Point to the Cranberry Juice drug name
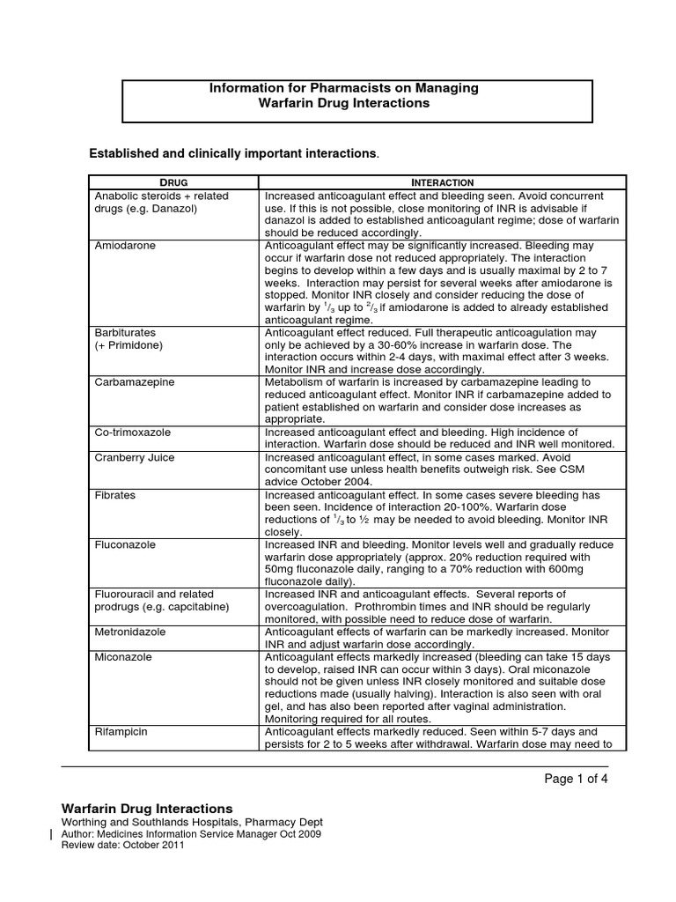[x=135, y=458]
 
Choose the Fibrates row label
[x=115, y=495]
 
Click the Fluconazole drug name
[x=125, y=545]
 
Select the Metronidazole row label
[x=130, y=632]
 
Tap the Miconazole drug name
[x=123, y=657]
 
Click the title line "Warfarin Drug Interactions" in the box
[x=343, y=103]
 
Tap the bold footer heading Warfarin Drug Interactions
[x=147, y=808]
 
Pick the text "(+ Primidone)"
[x=129, y=346]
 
